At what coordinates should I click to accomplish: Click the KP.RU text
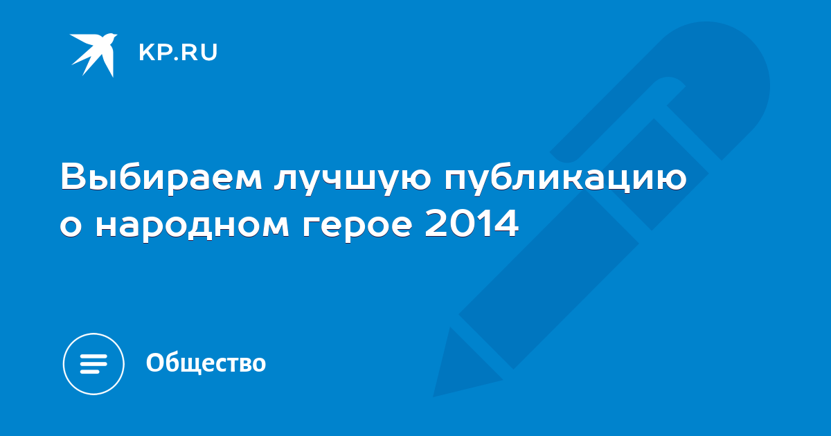click(178, 53)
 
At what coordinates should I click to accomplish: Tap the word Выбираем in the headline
click(161, 177)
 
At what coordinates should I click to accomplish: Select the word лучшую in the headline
click(352, 181)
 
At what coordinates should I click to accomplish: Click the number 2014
click(472, 223)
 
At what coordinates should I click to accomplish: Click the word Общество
click(206, 363)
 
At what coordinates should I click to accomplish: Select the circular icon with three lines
click(93, 364)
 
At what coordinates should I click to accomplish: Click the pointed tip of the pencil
click(435, 395)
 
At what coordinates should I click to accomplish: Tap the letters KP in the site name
click(154, 53)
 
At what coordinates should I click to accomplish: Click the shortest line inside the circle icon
click(90, 371)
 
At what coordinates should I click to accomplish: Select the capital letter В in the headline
click(73, 177)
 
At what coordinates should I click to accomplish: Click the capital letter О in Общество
click(154, 362)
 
